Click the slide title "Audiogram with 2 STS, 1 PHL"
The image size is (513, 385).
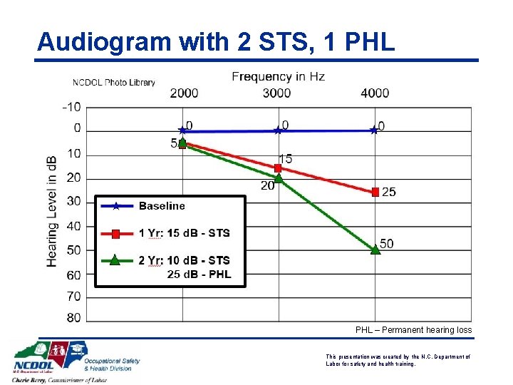coord(215,42)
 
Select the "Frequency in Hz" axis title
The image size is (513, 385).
coord(278,77)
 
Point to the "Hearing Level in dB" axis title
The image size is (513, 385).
coord(53,211)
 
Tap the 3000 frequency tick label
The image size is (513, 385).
coord(276,93)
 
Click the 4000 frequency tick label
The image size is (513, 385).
coord(375,93)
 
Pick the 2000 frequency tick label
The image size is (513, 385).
coord(184,93)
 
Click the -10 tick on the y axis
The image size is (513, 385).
coord(71,107)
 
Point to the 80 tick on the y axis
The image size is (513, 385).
coord(74,318)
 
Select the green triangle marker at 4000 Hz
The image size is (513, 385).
coord(375,249)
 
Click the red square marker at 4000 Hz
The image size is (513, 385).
coord(375,191)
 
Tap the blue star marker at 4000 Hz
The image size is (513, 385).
coord(374,130)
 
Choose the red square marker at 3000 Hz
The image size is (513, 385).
coord(278,168)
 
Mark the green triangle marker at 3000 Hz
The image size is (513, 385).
coord(279,178)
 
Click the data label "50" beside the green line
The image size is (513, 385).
coord(386,244)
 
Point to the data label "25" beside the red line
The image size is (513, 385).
coord(389,192)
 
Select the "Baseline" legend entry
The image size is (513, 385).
coord(162,206)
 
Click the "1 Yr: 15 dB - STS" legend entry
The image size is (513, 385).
coord(184,233)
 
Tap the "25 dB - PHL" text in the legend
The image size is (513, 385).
coord(199,274)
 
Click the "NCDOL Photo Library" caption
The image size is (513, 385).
coord(113,83)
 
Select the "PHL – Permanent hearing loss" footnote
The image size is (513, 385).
coord(413,330)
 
